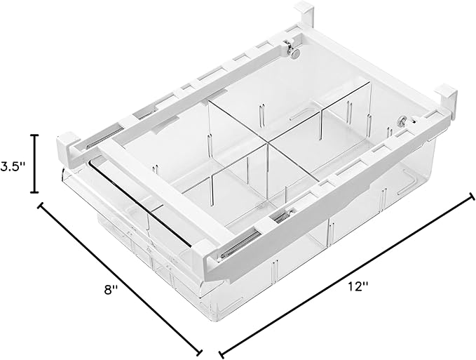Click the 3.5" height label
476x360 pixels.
coord(11,166)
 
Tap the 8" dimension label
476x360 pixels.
coord(111,289)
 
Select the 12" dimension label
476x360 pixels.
coord(358,286)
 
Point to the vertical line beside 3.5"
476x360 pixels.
coord(35,164)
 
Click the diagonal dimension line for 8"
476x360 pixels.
coord(120,279)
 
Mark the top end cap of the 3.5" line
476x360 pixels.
coord(35,135)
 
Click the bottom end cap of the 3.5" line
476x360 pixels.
coord(35,192)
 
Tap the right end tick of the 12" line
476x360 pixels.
coord(472,196)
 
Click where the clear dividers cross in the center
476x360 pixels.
coord(267,142)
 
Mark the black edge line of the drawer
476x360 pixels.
coord(138,204)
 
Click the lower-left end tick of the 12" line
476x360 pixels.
coord(222,354)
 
